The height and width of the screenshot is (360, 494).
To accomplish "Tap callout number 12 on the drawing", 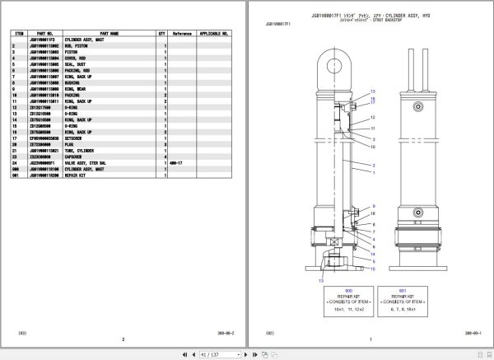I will [373, 118].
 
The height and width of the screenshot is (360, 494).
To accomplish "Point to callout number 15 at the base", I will [373, 269].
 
